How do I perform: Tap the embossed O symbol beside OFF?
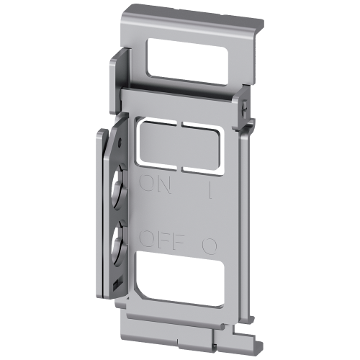coord(210,245)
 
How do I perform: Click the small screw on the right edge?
coord(246,108)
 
